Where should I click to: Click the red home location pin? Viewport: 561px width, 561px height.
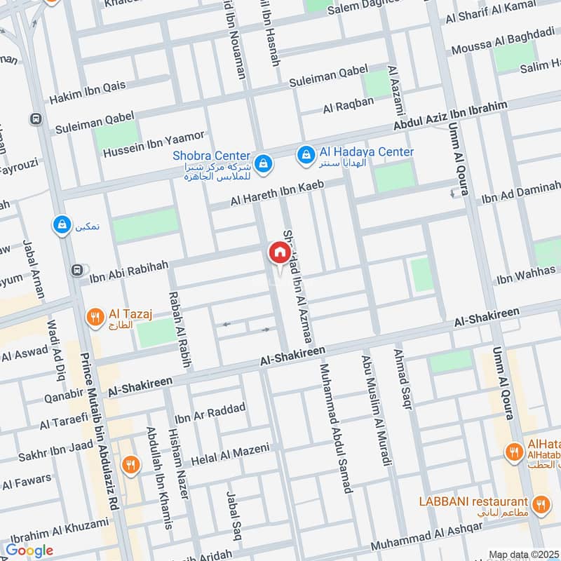278,252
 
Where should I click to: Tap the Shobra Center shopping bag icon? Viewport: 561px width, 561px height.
262,163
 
